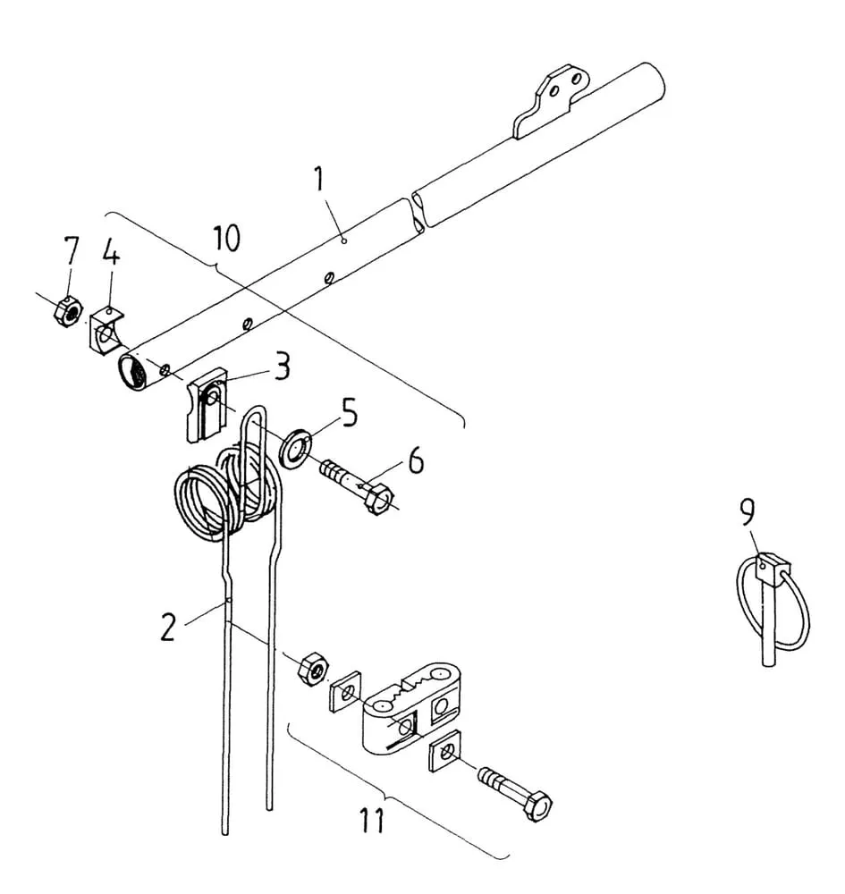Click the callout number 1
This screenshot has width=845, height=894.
click(x=320, y=179)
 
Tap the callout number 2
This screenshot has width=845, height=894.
click(x=167, y=628)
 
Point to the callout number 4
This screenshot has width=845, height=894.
click(x=111, y=252)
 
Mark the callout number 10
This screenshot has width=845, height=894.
click(x=226, y=238)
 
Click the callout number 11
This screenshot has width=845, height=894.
click(x=372, y=821)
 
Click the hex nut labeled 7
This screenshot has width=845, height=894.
click(x=68, y=312)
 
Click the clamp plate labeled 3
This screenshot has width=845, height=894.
click(x=206, y=404)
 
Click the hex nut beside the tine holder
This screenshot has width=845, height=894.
click(x=311, y=668)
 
